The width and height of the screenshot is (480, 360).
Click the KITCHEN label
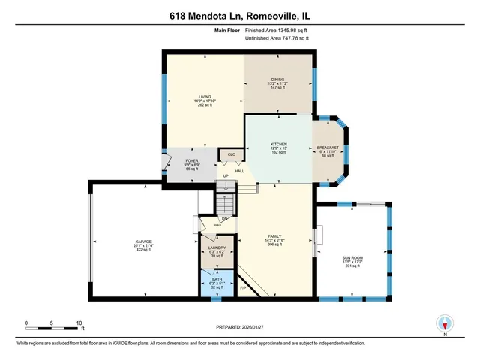click(278, 145)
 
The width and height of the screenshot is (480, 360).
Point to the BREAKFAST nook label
click(328, 147)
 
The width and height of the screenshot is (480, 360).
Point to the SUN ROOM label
click(352, 259)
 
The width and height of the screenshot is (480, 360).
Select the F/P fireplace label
click(242, 287)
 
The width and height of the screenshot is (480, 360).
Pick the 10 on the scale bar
click(79, 323)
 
